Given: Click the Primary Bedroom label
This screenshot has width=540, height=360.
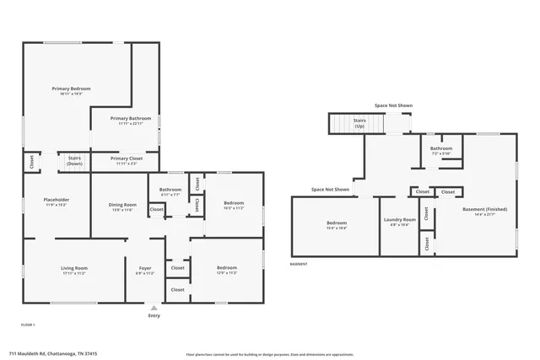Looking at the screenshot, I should click(x=71, y=89).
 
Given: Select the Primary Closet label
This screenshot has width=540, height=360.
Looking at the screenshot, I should click(x=126, y=159).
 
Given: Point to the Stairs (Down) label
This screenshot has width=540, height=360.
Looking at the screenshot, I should click(x=74, y=160).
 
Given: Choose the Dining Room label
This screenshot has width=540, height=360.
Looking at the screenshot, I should click(x=122, y=205).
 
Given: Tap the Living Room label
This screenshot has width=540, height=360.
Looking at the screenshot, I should click(x=74, y=268).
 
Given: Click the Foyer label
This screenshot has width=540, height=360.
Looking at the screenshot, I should click(x=145, y=268).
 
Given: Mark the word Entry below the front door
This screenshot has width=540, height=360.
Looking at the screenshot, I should click(x=154, y=316).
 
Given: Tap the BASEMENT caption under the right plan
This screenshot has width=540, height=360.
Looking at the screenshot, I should click(x=299, y=264).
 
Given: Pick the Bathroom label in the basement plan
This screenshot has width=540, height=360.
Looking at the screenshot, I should click(x=441, y=148).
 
